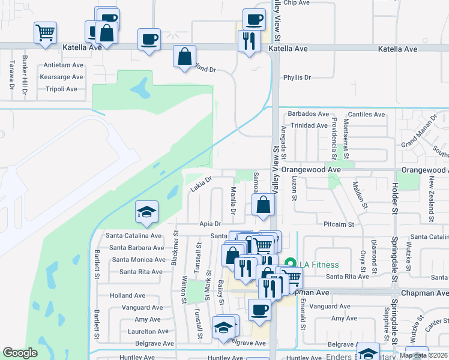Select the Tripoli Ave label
[62, 89]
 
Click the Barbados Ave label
[309, 114]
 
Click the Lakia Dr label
[201, 184]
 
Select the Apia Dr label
[212, 224]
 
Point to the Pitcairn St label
[339, 224]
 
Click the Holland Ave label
[127, 295]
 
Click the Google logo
[20, 353]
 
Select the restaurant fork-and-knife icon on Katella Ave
[249, 41]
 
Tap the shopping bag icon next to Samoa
[264, 205]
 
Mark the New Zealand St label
[431, 202]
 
